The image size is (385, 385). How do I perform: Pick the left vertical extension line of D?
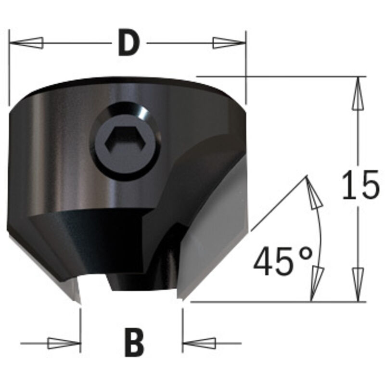(x=9, y=67)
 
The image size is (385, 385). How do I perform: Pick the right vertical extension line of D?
(x=246, y=67)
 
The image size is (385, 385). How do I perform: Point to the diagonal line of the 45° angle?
(x=279, y=202)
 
